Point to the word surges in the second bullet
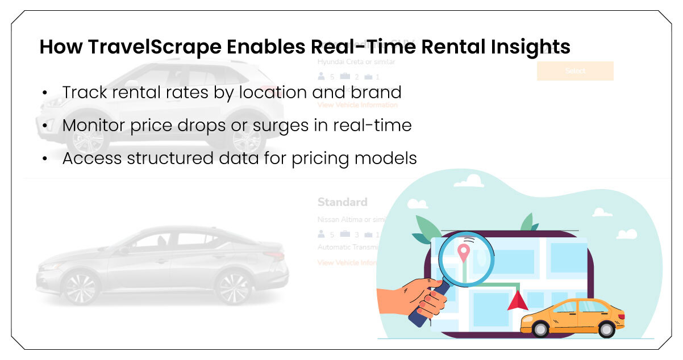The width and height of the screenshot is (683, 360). (274, 125)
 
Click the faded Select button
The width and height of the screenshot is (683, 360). (575, 71)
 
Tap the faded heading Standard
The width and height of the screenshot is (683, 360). (342, 202)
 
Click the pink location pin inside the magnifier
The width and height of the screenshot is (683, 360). (464, 252)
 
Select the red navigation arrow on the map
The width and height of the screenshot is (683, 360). (517, 300)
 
